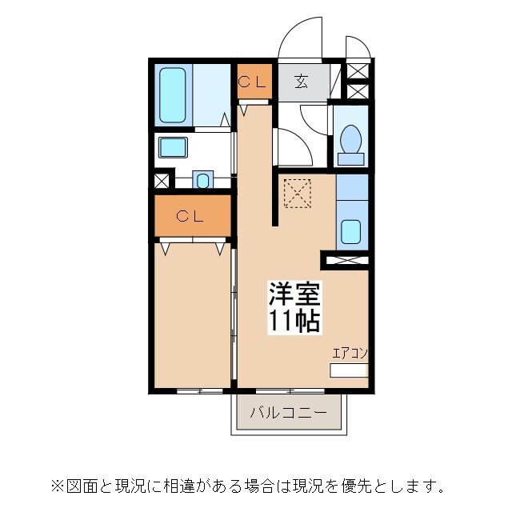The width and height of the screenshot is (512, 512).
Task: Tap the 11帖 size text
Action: [x=294, y=322]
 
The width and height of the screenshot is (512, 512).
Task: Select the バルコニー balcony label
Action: [x=288, y=414]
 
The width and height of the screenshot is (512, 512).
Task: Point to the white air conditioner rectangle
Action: [x=349, y=370]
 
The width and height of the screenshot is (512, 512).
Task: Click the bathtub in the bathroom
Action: [x=173, y=94]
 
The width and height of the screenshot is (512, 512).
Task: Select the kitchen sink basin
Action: [x=351, y=231]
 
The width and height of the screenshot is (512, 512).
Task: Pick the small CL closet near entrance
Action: [x=254, y=82]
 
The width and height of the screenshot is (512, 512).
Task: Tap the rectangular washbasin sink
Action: [x=172, y=147]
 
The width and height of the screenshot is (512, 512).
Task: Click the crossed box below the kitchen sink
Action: [x=346, y=260]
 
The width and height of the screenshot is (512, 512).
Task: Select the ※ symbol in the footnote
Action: [x=57, y=486]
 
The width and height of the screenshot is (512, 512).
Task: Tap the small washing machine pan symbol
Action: [x=202, y=180]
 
